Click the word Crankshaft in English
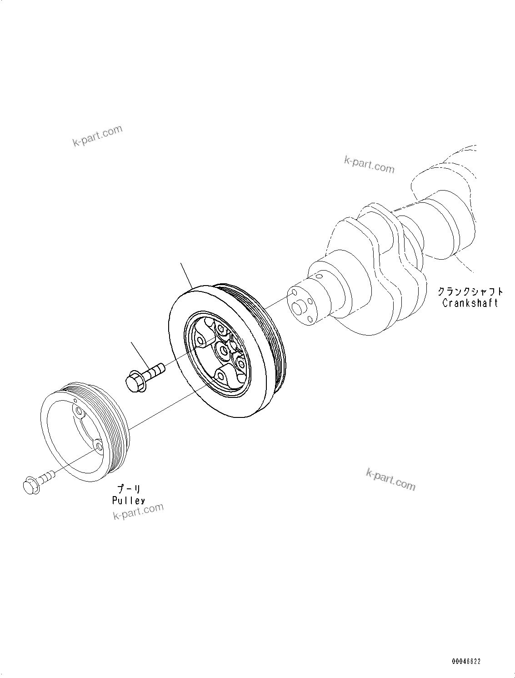pyautogui.click(x=470, y=303)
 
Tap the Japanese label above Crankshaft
pyautogui.click(x=470, y=291)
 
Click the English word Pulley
pyautogui.click(x=129, y=500)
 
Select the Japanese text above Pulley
pyautogui.click(x=129, y=489)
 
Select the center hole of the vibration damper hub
pyautogui.click(x=223, y=350)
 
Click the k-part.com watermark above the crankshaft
pyautogui.click(x=369, y=165)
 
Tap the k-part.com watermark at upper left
pyautogui.click(x=97, y=136)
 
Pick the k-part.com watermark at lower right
pyautogui.click(x=390, y=480)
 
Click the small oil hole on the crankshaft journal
pyautogui.click(x=317, y=276)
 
